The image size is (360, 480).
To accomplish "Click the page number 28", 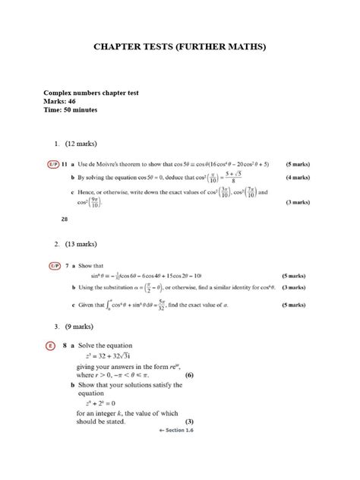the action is pos(64,219).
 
